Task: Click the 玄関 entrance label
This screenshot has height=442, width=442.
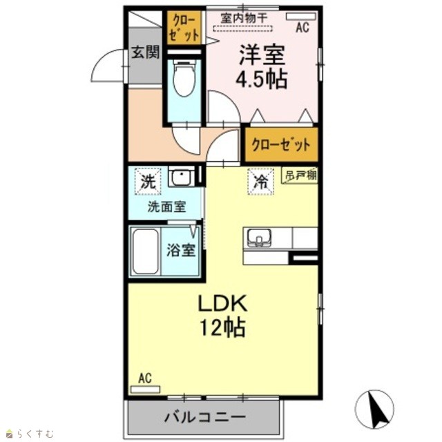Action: coord(146,52)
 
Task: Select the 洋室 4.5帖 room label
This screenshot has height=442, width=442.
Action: coord(262,66)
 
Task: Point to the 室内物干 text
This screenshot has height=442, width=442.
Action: coord(244,19)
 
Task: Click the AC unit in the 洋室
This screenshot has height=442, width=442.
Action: coord(301,17)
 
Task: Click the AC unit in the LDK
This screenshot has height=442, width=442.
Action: coord(145,390)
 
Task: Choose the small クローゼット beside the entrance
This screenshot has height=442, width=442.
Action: coord(184,28)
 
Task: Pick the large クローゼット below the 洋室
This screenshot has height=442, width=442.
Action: coord(281,145)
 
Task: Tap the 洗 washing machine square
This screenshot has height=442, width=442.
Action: coord(148,181)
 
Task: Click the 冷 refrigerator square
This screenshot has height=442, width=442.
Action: coord(261,181)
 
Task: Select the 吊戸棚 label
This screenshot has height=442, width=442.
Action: coord(300,175)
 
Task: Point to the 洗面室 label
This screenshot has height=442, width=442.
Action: coord(167,207)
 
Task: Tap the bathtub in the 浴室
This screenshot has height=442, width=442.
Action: coord(145,251)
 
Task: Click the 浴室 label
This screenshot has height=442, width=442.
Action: coord(181,250)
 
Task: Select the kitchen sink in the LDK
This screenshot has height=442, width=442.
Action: coord(259,238)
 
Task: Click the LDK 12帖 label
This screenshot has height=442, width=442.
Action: coord(222,315)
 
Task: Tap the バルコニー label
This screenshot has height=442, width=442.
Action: coord(205,417)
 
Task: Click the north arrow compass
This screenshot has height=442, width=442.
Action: coord(374,409)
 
